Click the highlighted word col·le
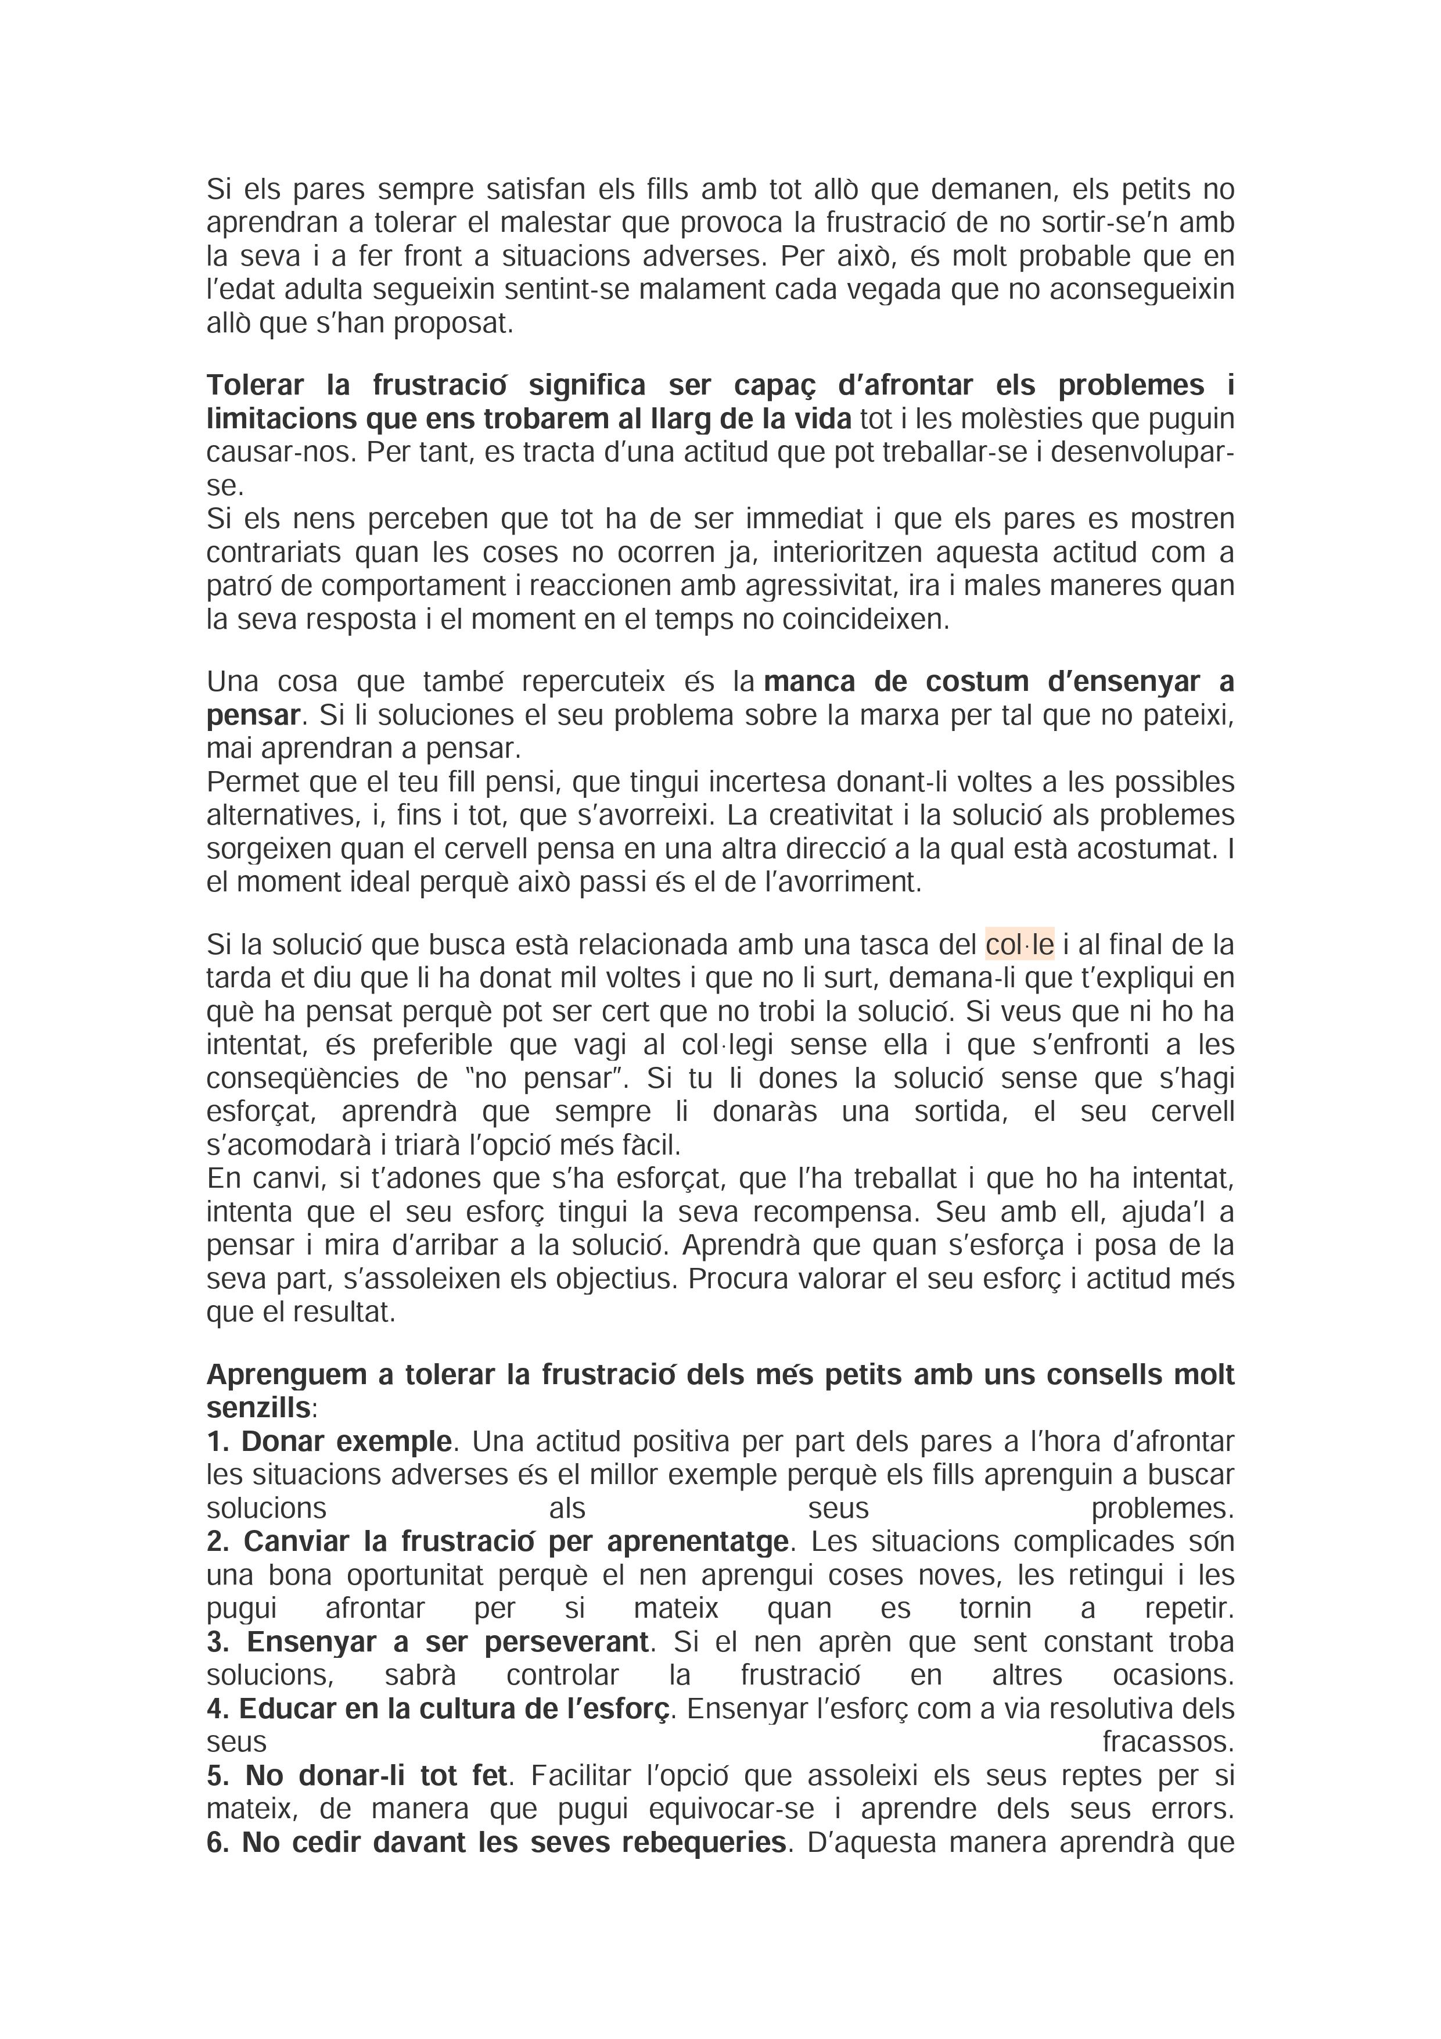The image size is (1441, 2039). pyautogui.click(x=1019, y=945)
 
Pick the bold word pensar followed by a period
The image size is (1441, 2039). pyautogui.click(x=253, y=716)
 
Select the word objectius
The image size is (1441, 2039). pyautogui.click(x=615, y=1280)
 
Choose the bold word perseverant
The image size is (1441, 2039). pyautogui.click(x=566, y=1642)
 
